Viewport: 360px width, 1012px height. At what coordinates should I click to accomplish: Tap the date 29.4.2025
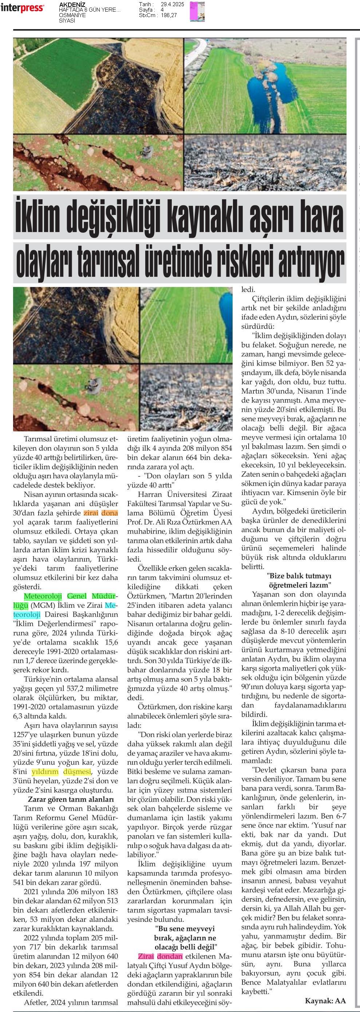tap(173, 4)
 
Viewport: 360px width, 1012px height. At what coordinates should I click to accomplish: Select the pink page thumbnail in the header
tap(197, 11)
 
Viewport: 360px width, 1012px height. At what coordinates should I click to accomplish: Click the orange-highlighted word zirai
tap(91, 513)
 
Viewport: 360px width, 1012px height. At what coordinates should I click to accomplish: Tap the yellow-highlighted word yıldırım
tap(45, 772)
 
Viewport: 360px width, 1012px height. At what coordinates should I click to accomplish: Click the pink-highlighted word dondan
tap(169, 956)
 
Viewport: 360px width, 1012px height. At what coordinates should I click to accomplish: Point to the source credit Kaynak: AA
tap(325, 1001)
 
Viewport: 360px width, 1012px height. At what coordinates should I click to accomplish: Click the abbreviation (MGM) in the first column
tap(43, 605)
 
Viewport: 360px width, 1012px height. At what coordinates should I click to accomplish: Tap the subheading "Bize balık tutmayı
tap(299, 576)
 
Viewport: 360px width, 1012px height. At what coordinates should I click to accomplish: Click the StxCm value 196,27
tap(169, 15)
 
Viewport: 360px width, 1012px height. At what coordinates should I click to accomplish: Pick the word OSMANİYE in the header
tap(72, 15)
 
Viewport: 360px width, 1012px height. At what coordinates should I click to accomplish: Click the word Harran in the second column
tap(151, 494)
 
